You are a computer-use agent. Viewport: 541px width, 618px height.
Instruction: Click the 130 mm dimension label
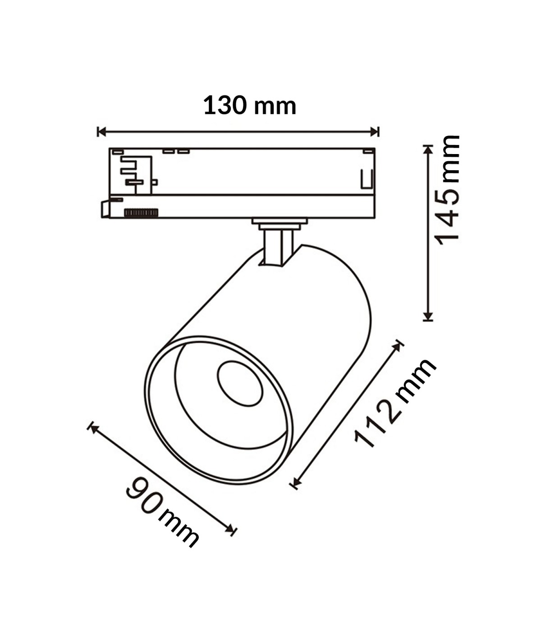pyautogui.click(x=250, y=105)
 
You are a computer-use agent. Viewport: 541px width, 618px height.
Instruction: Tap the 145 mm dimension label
pyautogui.click(x=447, y=190)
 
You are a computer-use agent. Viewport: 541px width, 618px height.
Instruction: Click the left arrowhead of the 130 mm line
pyautogui.click(x=101, y=132)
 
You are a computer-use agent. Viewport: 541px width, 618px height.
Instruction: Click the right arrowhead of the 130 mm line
pyautogui.click(x=375, y=132)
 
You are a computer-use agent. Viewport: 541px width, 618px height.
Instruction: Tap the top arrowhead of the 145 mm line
pyautogui.click(x=428, y=150)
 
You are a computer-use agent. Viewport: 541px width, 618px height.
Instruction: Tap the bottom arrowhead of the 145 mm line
pyautogui.click(x=428, y=316)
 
